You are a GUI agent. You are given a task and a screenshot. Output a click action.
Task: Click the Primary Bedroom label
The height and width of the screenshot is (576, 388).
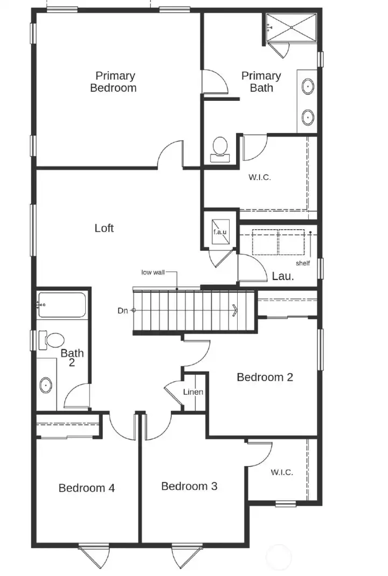point(113,82)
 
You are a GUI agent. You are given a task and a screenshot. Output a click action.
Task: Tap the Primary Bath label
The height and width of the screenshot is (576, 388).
point(261,82)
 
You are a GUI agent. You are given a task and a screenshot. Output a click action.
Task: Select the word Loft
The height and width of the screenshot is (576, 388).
point(104,228)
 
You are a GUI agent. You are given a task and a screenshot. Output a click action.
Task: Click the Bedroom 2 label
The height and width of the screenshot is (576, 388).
point(265,377)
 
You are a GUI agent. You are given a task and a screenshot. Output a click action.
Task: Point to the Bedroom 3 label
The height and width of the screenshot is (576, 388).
point(189,486)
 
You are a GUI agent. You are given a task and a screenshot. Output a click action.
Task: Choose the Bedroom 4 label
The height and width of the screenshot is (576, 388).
point(87,488)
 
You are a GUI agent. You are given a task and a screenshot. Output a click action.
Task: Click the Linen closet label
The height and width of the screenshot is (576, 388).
point(193,392)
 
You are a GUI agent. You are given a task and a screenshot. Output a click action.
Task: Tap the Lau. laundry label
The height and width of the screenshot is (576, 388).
point(282,277)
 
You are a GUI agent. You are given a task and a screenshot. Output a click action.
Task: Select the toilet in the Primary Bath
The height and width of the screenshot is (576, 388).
point(219,147)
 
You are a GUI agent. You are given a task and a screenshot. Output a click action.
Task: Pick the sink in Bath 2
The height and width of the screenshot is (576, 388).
point(46,385)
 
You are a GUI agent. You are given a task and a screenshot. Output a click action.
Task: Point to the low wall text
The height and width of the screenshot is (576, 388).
point(153,272)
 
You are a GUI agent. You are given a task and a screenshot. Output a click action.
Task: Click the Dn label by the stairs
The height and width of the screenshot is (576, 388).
point(122,311)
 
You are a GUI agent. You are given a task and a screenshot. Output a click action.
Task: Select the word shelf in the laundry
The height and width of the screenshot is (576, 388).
point(303,263)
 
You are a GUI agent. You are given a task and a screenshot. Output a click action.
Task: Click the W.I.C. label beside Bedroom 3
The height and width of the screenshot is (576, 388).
point(282,472)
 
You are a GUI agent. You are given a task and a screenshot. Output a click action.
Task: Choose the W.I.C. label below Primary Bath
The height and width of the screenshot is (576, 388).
point(260,177)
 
